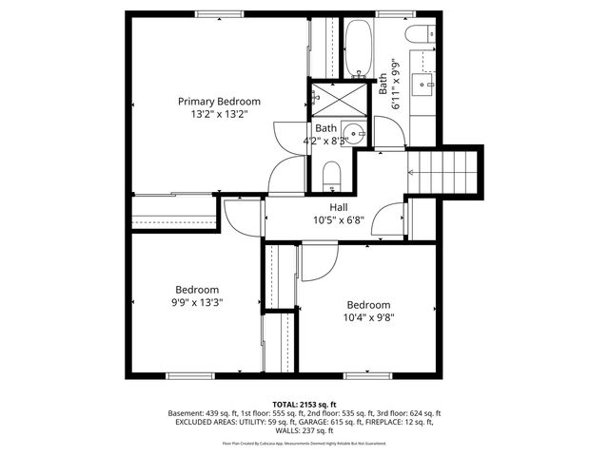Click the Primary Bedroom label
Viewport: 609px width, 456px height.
pyautogui.click(x=219, y=102)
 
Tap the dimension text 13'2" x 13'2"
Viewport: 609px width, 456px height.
pyautogui.click(x=219, y=115)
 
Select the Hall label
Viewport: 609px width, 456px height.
pyautogui.click(x=339, y=207)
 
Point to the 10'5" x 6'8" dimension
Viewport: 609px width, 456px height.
pyautogui.click(x=339, y=220)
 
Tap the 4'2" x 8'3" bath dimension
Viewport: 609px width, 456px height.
pyautogui.click(x=326, y=142)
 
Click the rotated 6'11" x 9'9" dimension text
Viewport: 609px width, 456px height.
pyautogui.click(x=390, y=85)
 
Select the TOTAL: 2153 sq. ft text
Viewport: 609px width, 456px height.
pyautogui.click(x=304, y=405)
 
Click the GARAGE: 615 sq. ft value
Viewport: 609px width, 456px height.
pyautogui.click(x=349, y=423)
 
